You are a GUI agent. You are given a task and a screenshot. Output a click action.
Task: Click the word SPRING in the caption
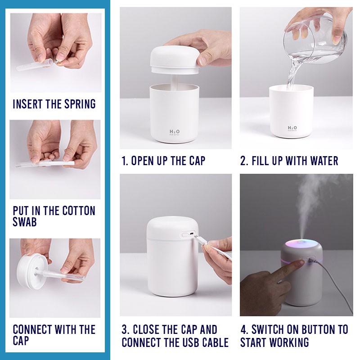[x=80, y=104]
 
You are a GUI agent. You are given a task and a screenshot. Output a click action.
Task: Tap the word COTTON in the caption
[x=79, y=211]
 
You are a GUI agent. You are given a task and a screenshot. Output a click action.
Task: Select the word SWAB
[x=25, y=222]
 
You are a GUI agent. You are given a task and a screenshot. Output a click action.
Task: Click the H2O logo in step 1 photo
[x=175, y=132]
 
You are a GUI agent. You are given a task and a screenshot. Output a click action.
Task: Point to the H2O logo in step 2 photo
[x=292, y=128]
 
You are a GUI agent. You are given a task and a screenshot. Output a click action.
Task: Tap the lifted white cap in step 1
[x=175, y=60]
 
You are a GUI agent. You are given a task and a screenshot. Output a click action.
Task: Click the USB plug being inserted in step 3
[x=200, y=240]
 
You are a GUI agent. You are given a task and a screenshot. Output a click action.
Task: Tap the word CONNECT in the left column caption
[x=32, y=329]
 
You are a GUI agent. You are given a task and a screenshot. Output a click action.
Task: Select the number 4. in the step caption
[x=244, y=329]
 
